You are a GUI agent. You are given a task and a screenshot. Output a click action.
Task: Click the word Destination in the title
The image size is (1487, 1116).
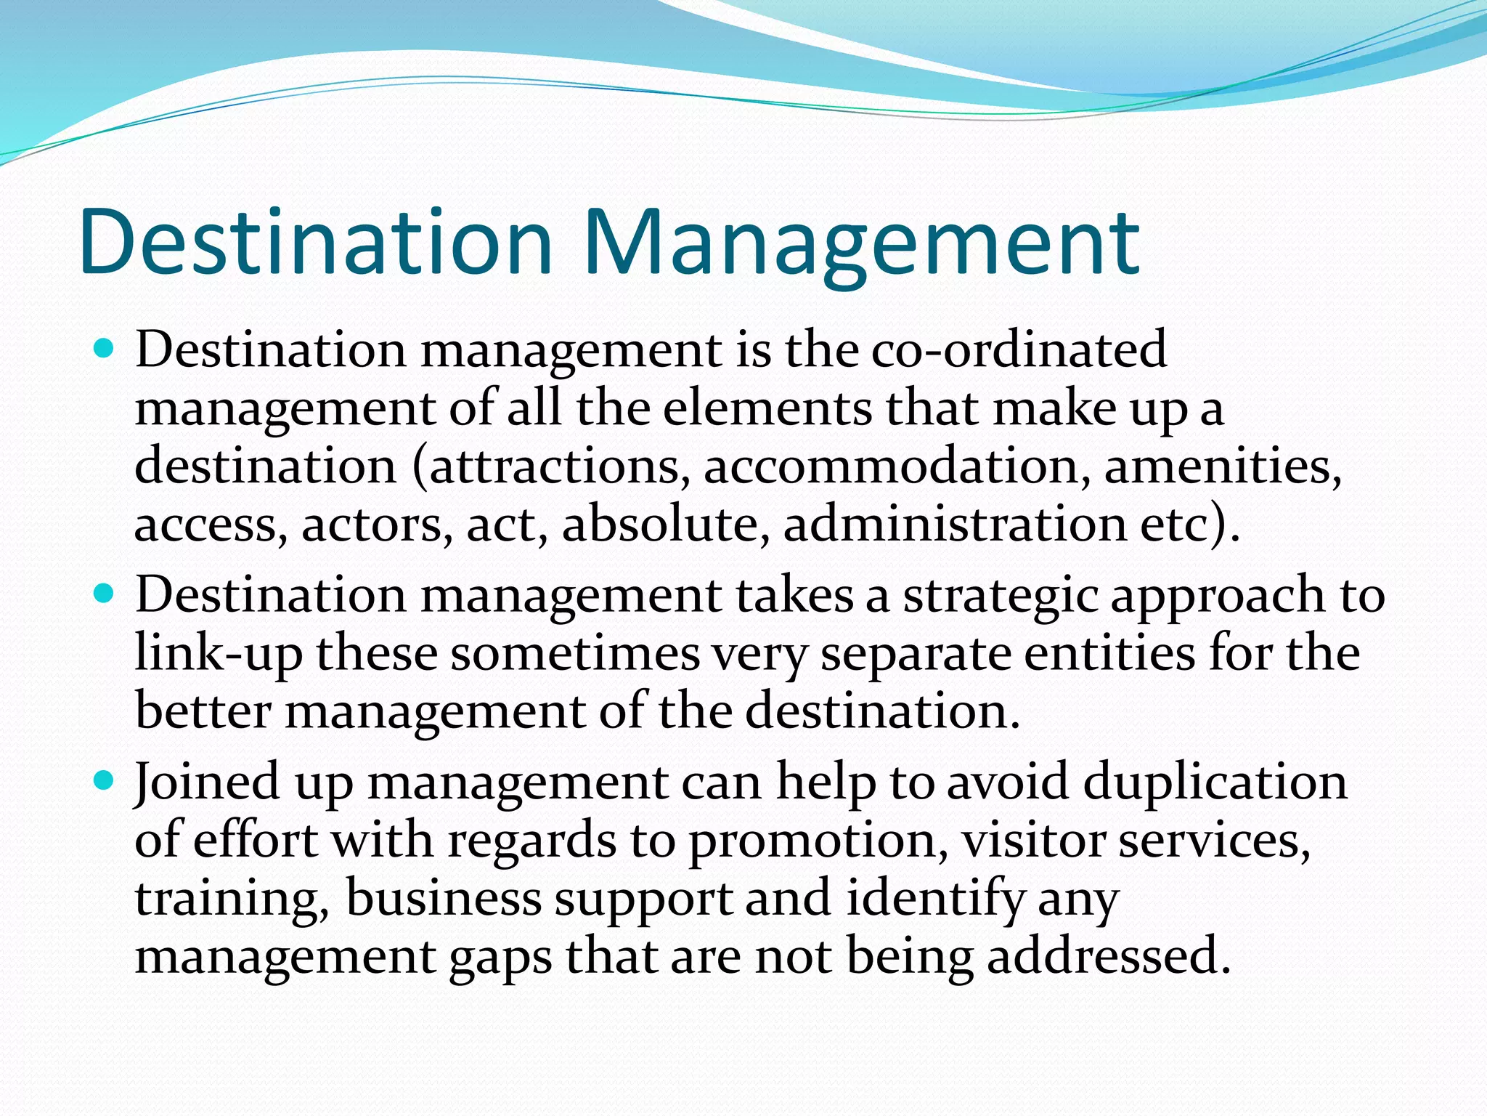point(316,243)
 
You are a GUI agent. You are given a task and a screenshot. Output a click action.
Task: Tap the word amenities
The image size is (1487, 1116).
point(1223,466)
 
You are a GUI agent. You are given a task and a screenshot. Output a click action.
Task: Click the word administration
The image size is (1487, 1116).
point(956,525)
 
